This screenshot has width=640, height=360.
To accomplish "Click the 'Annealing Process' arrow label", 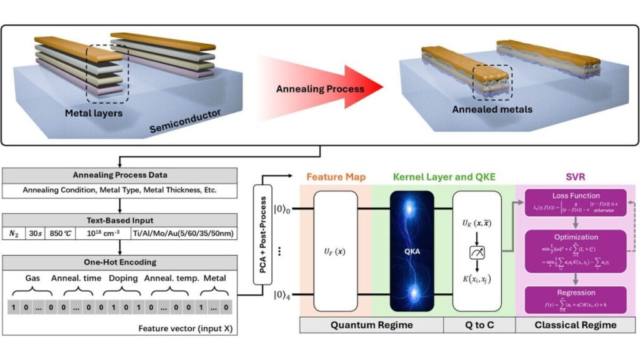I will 320,89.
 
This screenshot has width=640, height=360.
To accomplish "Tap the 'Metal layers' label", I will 94,113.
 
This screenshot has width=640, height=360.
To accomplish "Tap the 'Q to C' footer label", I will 478,324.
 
